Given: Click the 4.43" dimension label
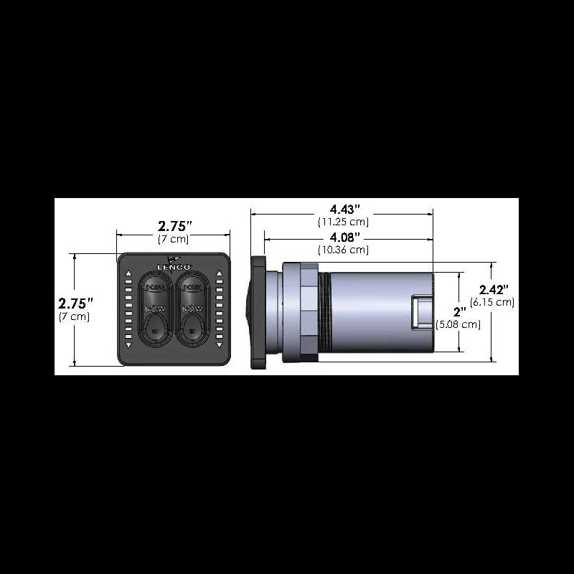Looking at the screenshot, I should tap(344, 209).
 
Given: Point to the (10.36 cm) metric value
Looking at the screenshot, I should tap(344, 250).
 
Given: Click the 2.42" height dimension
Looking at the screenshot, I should tap(494, 289).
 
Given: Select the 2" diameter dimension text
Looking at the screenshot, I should tap(460, 311).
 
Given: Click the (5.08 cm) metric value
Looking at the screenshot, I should tap(458, 324).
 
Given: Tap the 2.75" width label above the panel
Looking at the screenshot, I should tap(174, 225).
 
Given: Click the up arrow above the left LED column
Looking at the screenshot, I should tap(128, 274).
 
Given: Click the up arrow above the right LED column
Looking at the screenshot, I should tap(218, 274).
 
